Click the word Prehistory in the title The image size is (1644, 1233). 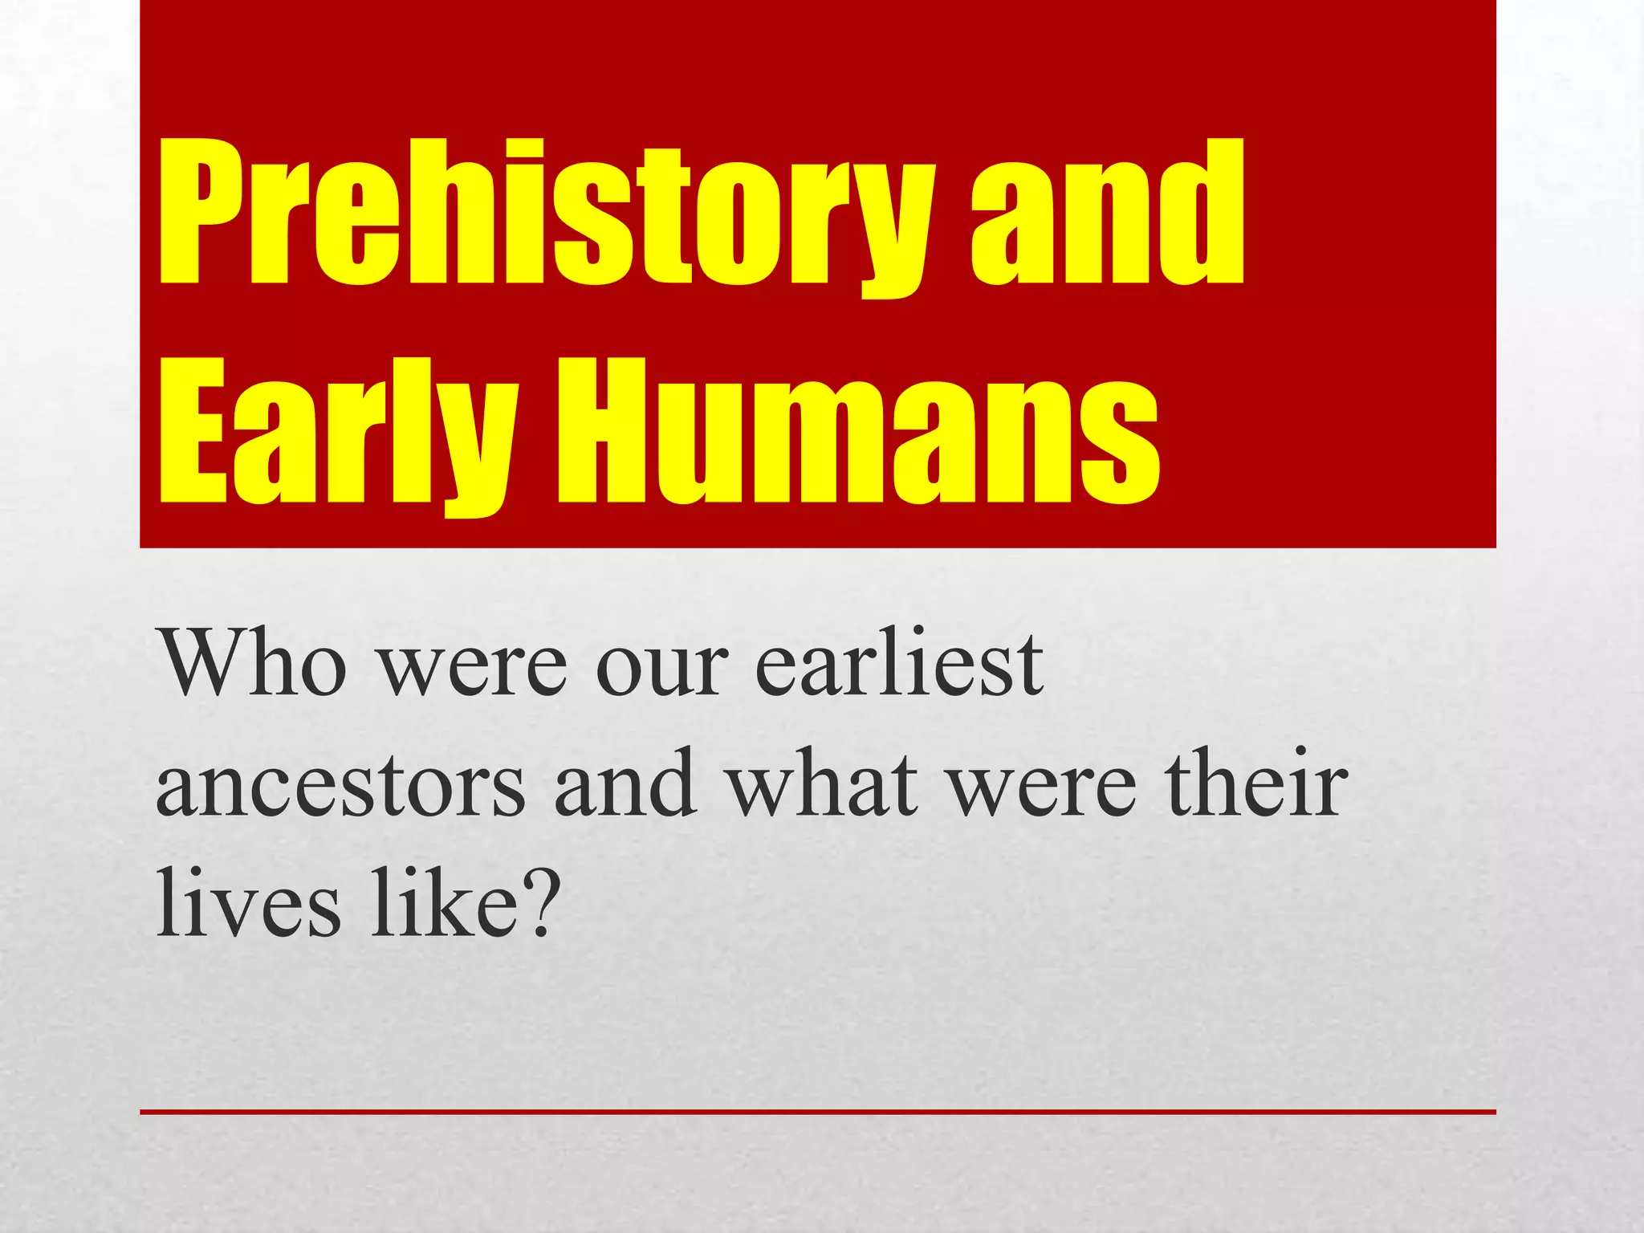pyautogui.click(x=546, y=213)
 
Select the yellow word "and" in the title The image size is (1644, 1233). pyautogui.click(x=1108, y=213)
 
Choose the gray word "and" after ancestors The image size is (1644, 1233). pyautogui.click(x=625, y=783)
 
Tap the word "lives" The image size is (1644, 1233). pyautogui.click(x=248, y=902)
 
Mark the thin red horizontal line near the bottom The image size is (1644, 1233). pyautogui.click(x=817, y=1112)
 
